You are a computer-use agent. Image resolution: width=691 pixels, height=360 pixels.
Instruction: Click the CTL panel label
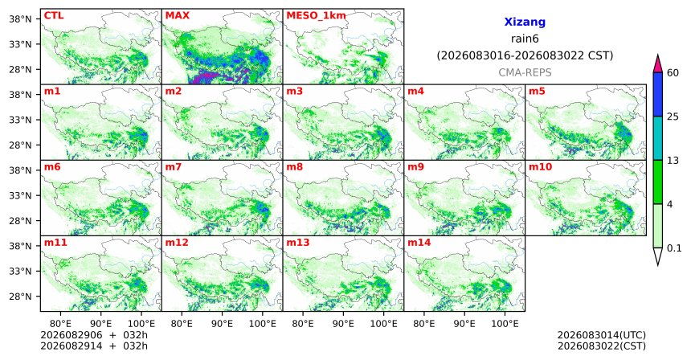pyautogui.click(x=54, y=16)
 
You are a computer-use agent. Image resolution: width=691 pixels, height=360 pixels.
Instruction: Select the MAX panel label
pyautogui.click(x=177, y=16)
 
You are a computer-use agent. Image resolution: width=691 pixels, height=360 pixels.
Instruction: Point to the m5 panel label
pyautogui.click(x=537, y=92)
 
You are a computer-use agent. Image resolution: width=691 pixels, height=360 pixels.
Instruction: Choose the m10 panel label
pyautogui.click(x=540, y=167)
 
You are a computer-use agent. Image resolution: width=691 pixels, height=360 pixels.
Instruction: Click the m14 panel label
pyautogui.click(x=419, y=243)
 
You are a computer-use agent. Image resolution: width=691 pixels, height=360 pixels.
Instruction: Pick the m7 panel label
pyautogui.click(x=174, y=167)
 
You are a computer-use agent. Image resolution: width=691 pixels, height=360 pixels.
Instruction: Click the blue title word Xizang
pyautogui.click(x=525, y=22)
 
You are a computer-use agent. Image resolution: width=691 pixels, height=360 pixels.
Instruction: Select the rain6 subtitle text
pyautogui.click(x=525, y=39)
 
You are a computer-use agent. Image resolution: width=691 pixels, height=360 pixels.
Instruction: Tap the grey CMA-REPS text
pyautogui.click(x=525, y=72)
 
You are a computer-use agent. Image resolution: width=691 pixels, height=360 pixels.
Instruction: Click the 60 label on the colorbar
pyautogui.click(x=673, y=73)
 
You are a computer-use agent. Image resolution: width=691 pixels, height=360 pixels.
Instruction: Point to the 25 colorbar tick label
pyautogui.click(x=673, y=117)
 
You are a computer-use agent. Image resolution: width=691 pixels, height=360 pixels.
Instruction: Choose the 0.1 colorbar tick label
pyautogui.click(x=674, y=248)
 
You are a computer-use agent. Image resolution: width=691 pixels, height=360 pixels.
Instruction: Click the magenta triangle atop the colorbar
pyautogui.click(x=658, y=64)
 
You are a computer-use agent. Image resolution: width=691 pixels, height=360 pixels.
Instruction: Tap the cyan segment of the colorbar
pyautogui.click(x=658, y=138)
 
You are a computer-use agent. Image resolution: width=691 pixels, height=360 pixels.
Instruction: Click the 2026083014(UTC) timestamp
pyautogui.click(x=602, y=336)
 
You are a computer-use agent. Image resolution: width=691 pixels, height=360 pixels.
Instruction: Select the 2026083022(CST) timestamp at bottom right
pyautogui.click(x=602, y=346)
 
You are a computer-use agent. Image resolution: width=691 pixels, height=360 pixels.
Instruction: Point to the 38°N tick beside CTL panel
pyautogui.click(x=20, y=19)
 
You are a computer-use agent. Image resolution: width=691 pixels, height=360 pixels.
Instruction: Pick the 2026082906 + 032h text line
pyautogui.click(x=94, y=336)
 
